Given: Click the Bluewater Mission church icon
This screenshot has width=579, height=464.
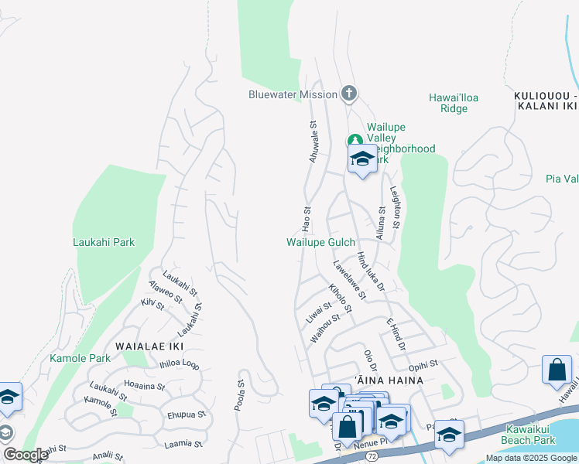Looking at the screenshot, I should tap(348, 94).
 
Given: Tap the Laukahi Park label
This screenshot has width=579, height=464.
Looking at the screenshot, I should tap(104, 242).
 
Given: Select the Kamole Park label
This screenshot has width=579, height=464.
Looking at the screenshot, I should tap(80, 358).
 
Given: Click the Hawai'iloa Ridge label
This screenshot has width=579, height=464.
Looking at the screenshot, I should tap(448, 103).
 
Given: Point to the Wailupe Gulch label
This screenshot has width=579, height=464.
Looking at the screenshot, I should tap(320, 242).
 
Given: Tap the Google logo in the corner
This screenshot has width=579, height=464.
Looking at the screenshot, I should tap(26, 455).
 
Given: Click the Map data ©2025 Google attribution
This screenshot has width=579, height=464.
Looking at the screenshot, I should tap(531, 458).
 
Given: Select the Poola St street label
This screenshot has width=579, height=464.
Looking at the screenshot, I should tap(240, 394).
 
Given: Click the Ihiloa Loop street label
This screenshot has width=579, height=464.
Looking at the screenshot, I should tap(179, 364).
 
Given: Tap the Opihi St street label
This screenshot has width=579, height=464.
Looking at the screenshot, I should tap(423, 363).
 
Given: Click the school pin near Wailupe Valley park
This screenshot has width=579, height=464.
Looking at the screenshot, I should tap(362, 160).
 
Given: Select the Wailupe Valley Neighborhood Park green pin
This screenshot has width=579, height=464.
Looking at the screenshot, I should tap(354, 141).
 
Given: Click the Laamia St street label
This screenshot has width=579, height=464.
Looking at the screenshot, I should tap(183, 444).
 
